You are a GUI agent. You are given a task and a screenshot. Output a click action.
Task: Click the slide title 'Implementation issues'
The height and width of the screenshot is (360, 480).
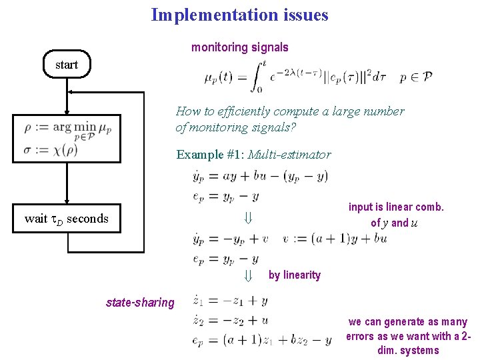click(239, 15)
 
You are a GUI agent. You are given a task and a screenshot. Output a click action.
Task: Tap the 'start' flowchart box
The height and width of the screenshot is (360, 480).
click(67, 65)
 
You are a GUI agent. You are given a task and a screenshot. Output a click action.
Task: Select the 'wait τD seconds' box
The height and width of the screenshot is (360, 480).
click(67, 218)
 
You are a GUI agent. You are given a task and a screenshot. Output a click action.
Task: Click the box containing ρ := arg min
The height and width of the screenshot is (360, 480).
click(67, 137)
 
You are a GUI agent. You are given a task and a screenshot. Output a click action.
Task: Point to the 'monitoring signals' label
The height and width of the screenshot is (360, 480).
click(240, 47)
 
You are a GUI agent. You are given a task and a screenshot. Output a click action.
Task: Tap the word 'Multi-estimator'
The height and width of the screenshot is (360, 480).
click(289, 155)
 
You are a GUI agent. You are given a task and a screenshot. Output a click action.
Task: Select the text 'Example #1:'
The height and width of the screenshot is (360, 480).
click(210, 155)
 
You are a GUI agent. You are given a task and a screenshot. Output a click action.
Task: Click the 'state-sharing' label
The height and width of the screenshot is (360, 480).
click(140, 303)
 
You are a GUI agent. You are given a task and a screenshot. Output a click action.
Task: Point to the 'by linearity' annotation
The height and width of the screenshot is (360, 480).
click(295, 275)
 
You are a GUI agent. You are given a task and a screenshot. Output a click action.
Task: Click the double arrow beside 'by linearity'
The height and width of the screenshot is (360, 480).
click(247, 275)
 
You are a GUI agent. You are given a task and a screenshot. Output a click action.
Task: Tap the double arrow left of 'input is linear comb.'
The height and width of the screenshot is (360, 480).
click(247, 218)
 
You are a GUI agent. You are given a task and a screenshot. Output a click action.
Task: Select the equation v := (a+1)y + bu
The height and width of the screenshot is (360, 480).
click(335, 239)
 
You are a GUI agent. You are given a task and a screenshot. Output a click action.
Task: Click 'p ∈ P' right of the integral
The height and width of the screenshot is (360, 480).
click(416, 77)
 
